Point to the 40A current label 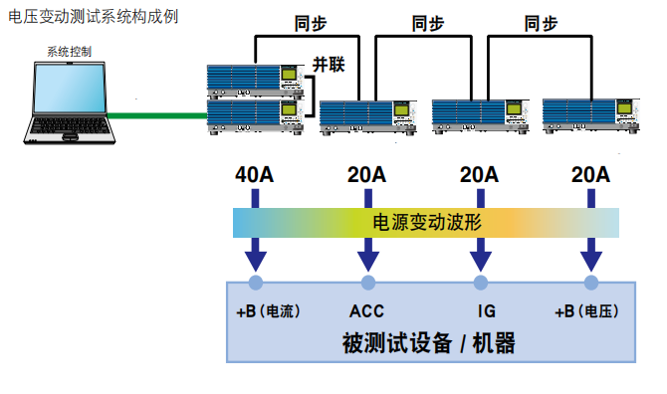coord(255,175)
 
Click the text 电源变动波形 coord(426,222)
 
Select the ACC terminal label coord(367,311)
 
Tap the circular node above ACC coord(367,284)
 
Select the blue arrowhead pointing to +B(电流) coord(256,260)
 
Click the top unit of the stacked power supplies coord(254,78)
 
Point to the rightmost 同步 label coord(542,25)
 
